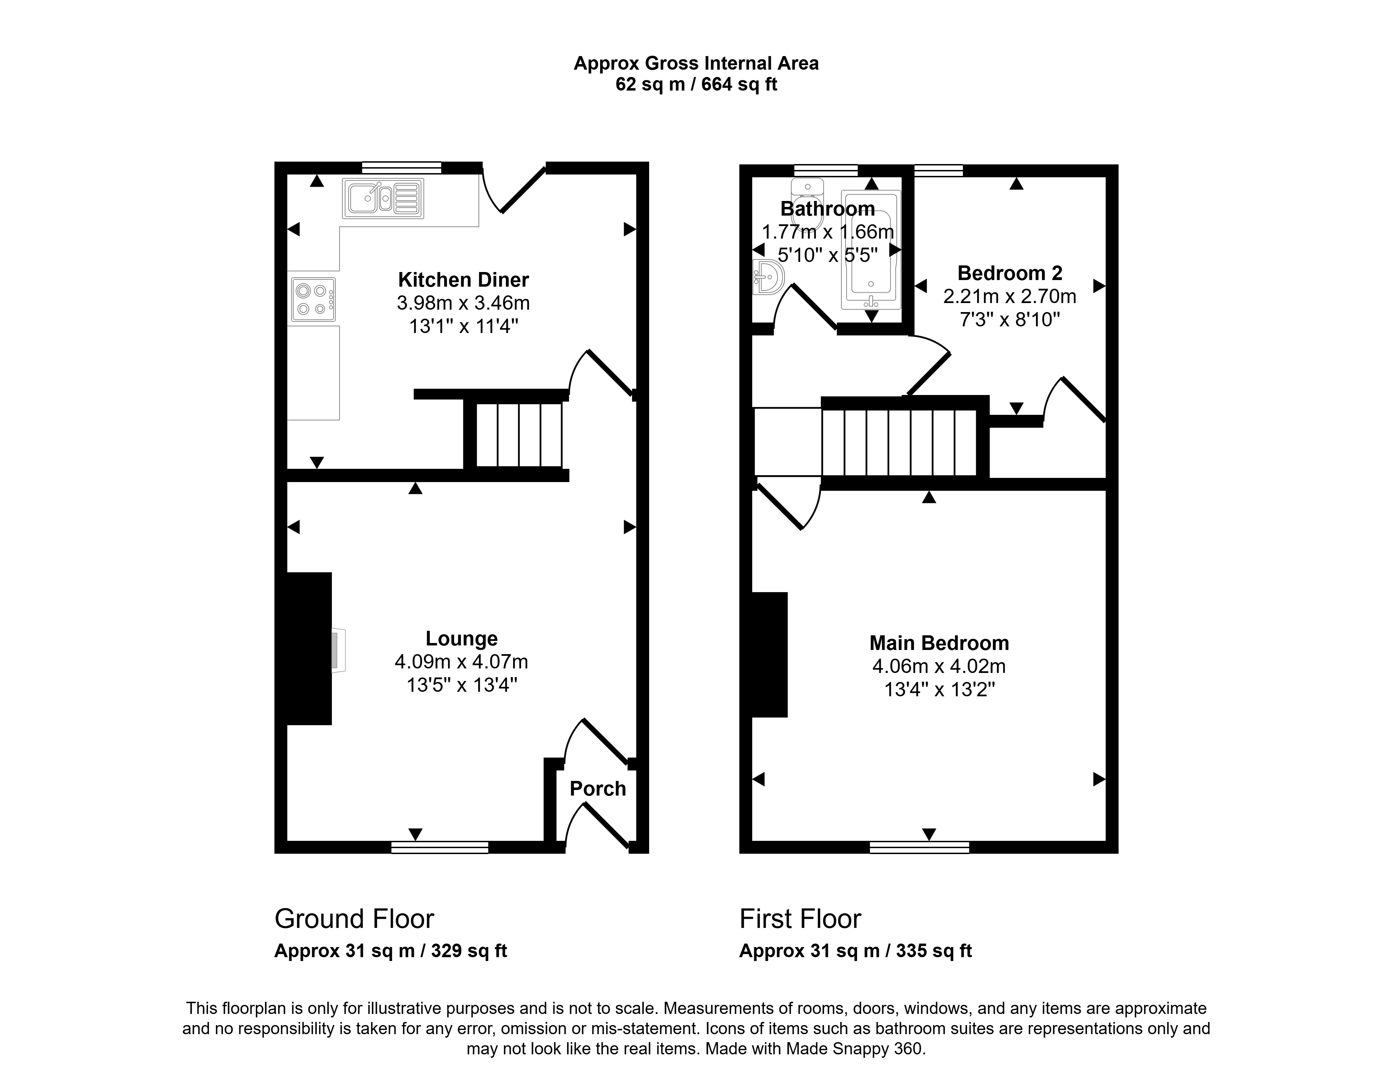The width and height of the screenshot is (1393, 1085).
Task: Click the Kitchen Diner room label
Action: coord(464,280)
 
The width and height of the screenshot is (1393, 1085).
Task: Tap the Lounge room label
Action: coord(462,638)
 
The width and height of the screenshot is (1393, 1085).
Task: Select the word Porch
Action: coord(598,789)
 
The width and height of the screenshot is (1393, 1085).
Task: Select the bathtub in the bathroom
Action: coord(871,249)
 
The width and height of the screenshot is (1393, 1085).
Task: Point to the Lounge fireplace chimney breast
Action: coord(309,649)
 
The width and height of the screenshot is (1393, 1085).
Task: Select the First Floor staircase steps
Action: coord(899,443)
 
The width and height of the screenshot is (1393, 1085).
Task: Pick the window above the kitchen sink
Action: coord(402,168)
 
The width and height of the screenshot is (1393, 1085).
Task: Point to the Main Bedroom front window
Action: coord(919,847)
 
